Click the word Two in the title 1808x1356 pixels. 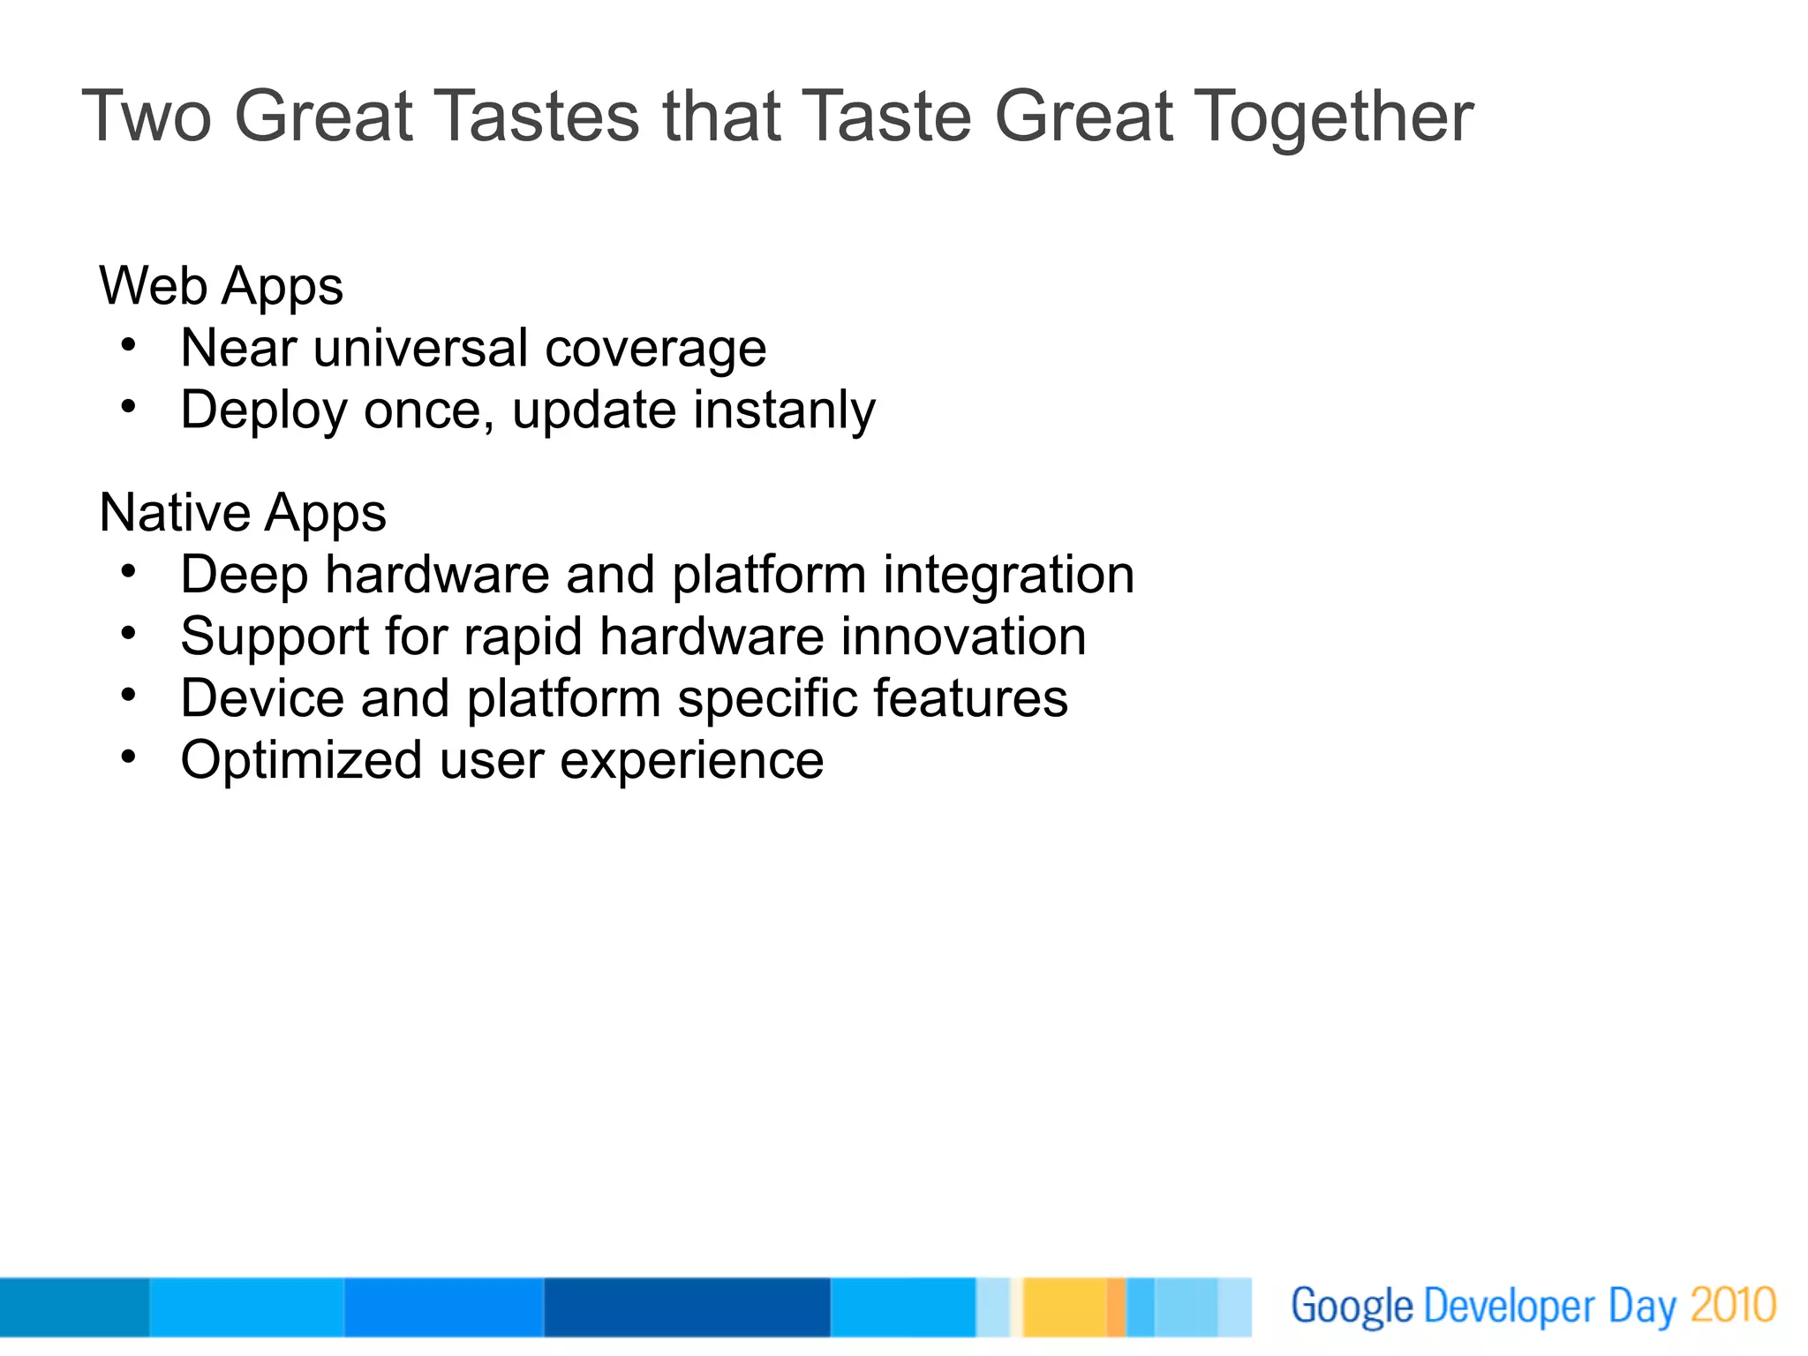pos(147,117)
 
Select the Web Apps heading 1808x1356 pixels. pos(221,287)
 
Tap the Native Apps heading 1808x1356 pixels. pos(243,514)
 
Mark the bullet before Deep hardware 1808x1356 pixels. pos(129,572)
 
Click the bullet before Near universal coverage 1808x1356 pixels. pos(129,345)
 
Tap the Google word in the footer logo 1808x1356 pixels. pos(1352,1307)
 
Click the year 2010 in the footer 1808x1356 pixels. pos(1733,1306)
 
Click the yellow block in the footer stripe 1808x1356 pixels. pos(1064,1307)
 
